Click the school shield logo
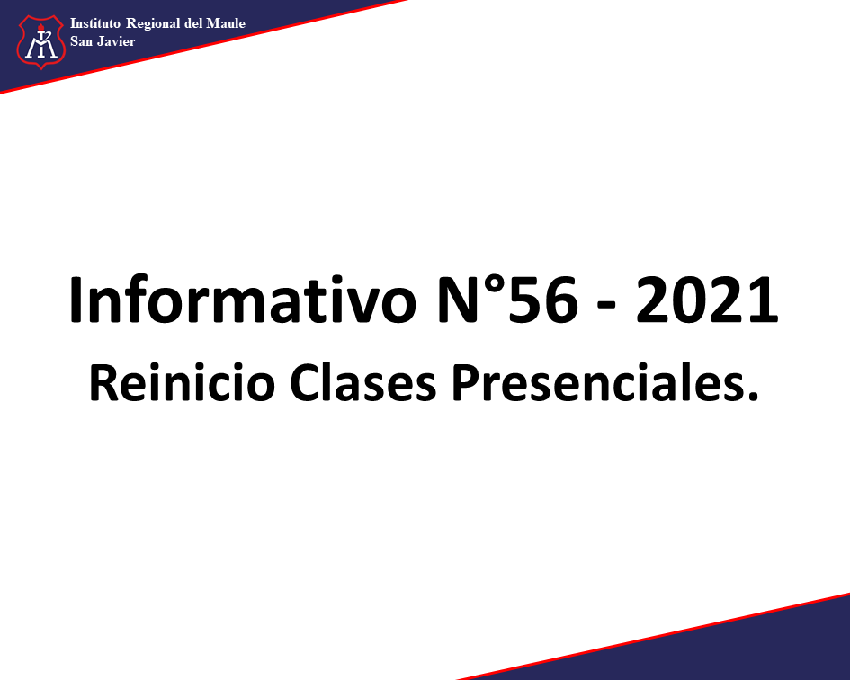tap(41, 41)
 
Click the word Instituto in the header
tap(95, 23)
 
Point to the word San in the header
tap(81, 41)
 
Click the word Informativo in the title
tap(242, 300)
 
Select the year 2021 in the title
tap(707, 300)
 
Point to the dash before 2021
tap(606, 306)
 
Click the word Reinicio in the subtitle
tap(182, 382)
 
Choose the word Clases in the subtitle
tap(362, 382)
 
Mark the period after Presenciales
tap(752, 397)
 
